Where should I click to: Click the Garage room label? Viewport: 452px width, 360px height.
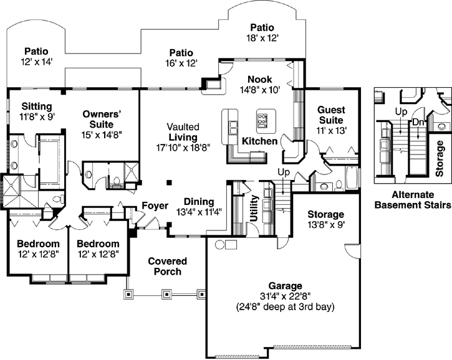(286, 285)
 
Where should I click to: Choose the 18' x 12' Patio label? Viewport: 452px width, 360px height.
(261, 38)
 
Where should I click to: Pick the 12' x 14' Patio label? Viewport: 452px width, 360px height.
(37, 62)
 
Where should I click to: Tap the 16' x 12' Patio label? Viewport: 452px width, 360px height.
(181, 63)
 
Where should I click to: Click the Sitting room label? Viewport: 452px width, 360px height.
(37, 107)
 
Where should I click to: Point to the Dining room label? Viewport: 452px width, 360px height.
(199, 202)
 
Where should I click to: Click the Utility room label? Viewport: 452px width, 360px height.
(254, 209)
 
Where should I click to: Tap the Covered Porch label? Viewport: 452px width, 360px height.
(165, 267)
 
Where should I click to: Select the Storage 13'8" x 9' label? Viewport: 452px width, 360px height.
(325, 220)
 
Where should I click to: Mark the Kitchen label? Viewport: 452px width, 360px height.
(260, 141)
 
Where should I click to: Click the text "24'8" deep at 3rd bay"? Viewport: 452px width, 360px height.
(286, 307)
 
